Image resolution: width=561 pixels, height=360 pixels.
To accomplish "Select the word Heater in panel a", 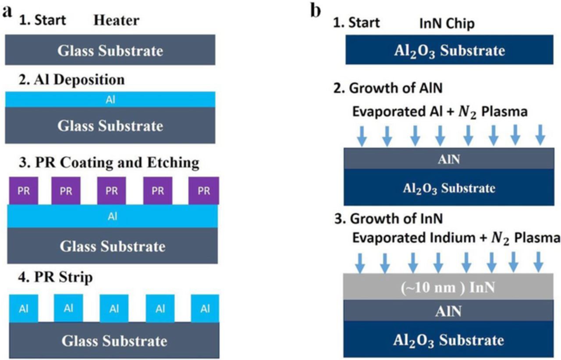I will click(117, 21).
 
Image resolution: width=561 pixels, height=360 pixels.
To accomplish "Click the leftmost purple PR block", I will click(24, 191).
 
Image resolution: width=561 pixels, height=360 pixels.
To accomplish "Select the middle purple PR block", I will click(112, 191).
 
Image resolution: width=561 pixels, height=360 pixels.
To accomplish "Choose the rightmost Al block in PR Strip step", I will click(205, 308).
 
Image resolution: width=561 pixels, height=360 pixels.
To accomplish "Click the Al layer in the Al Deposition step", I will click(110, 100).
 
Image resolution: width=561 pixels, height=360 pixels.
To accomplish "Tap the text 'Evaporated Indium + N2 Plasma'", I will click(456, 239).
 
